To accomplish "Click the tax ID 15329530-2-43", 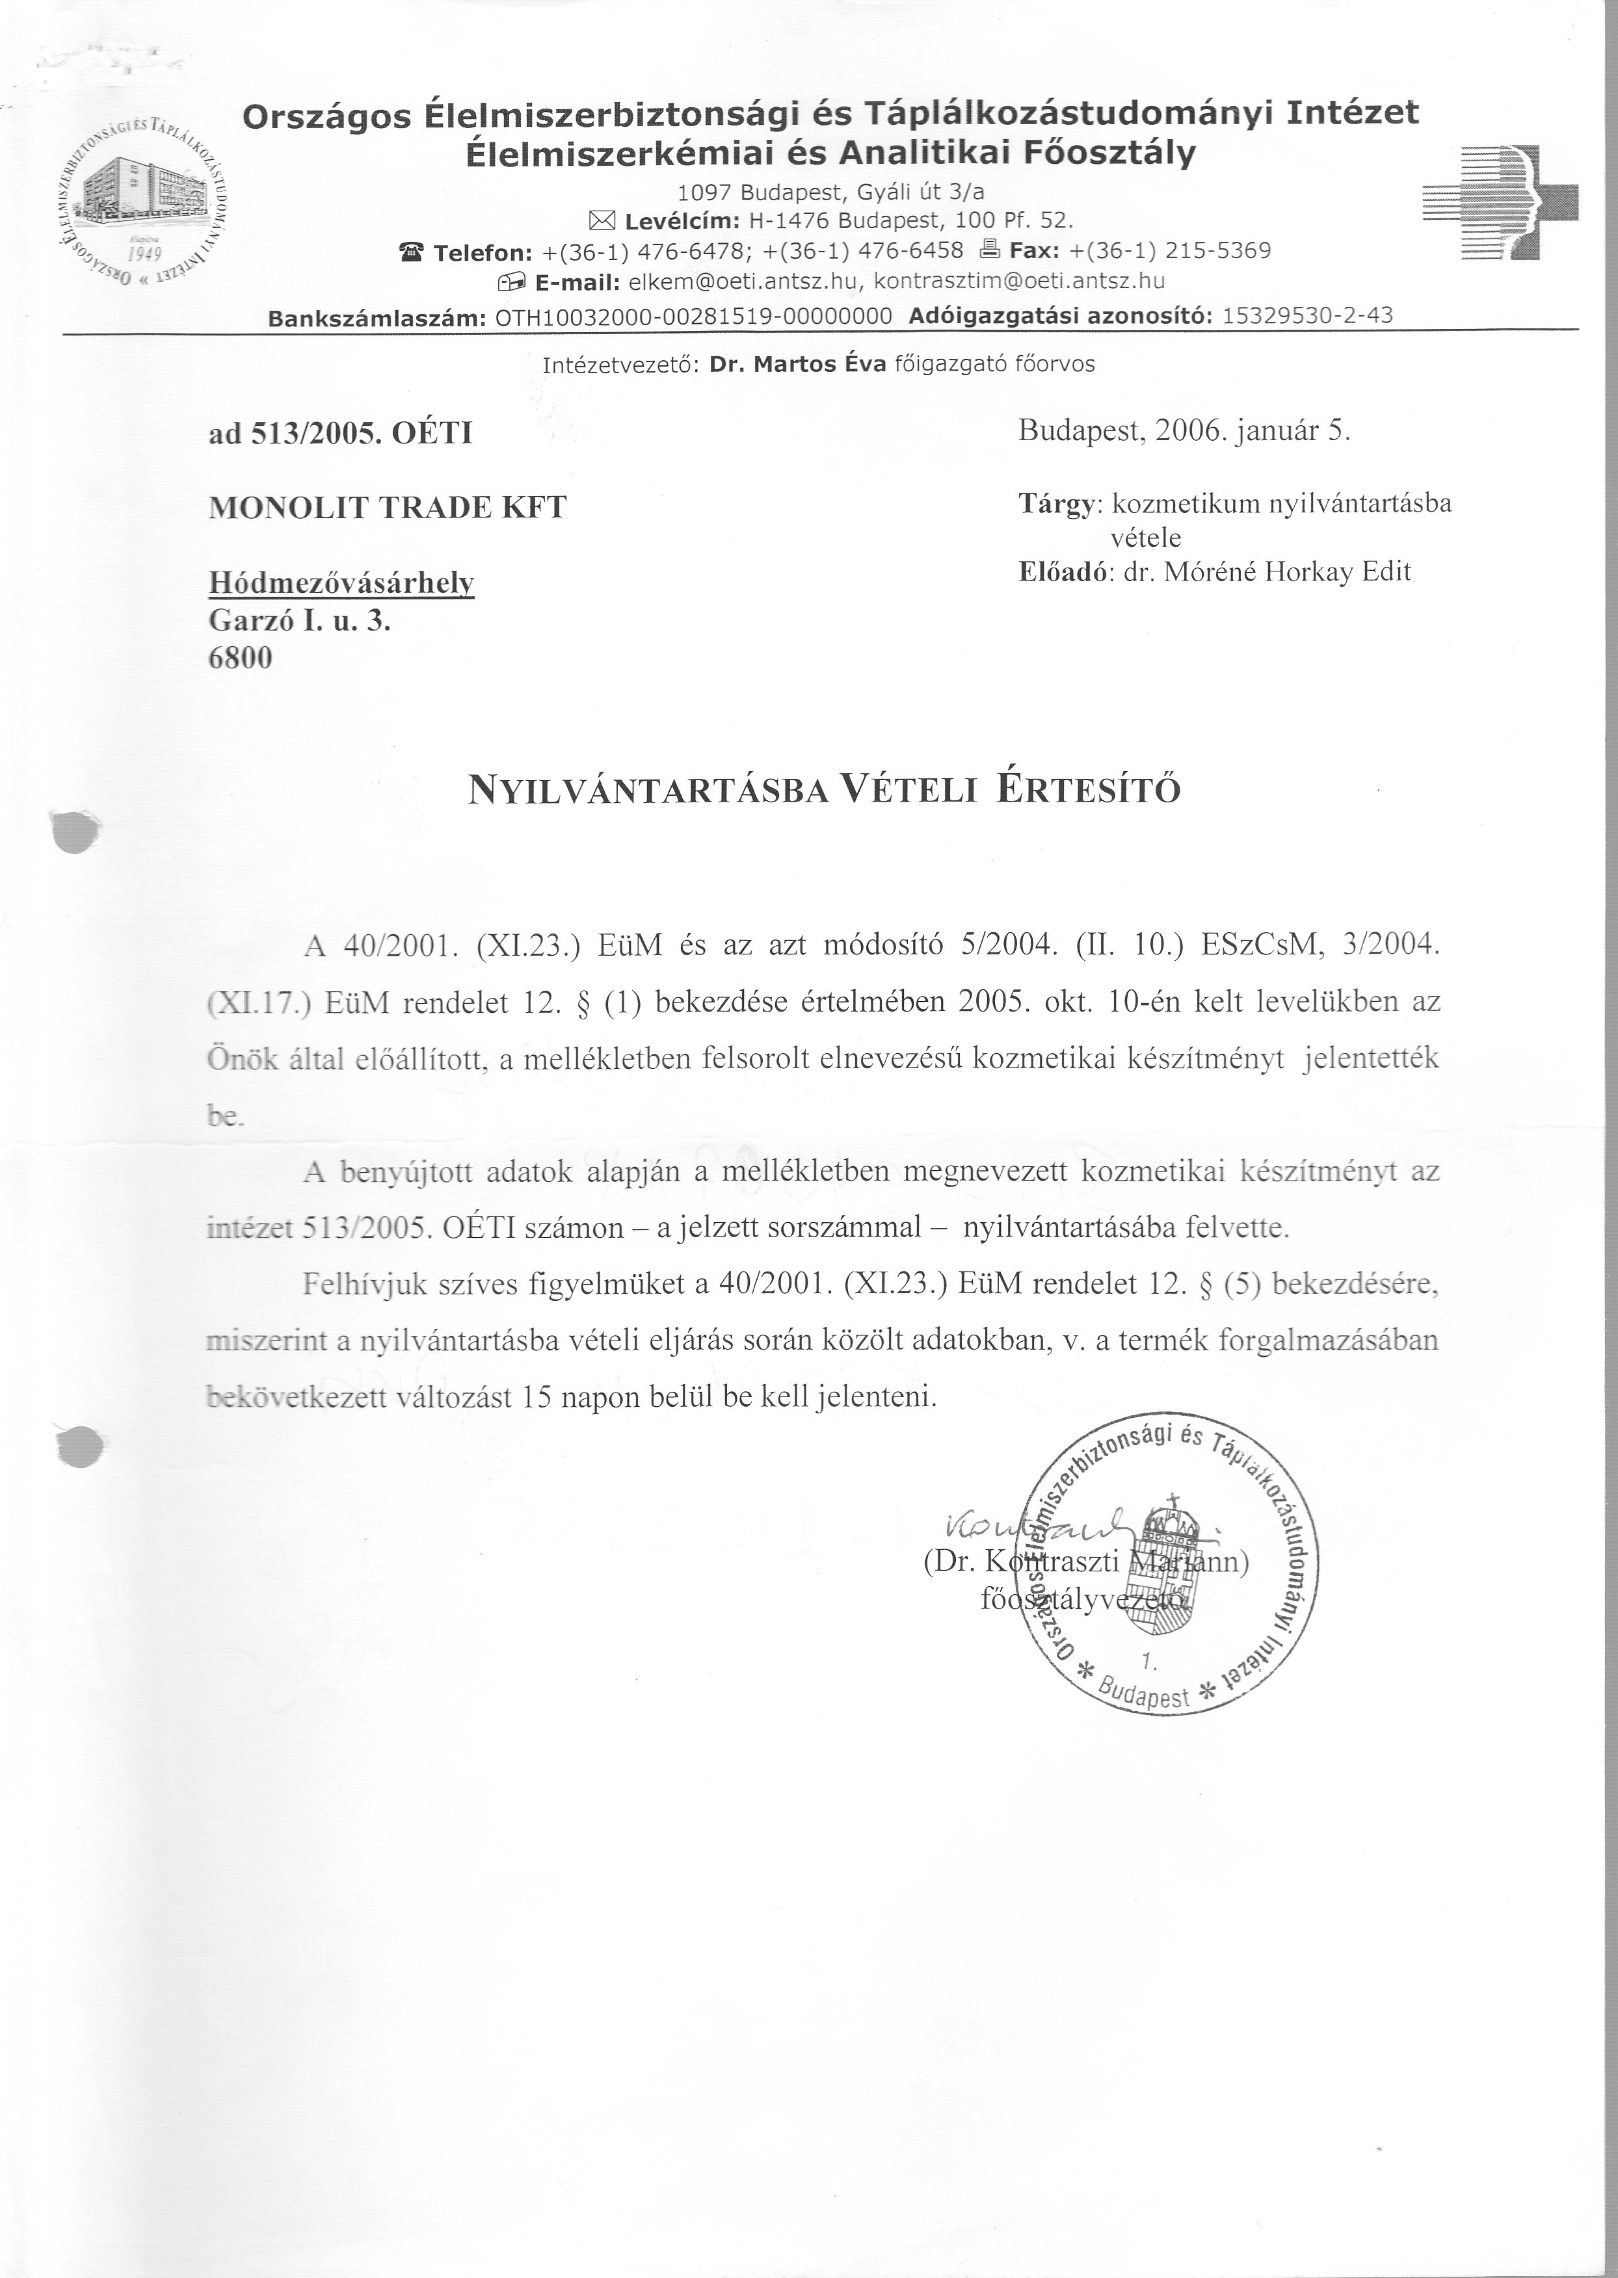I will (1307, 317).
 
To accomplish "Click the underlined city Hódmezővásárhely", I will (341, 584).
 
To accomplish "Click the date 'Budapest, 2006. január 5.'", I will (1184, 431).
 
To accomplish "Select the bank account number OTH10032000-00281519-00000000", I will (693, 317).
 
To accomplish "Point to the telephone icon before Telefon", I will (410, 251).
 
